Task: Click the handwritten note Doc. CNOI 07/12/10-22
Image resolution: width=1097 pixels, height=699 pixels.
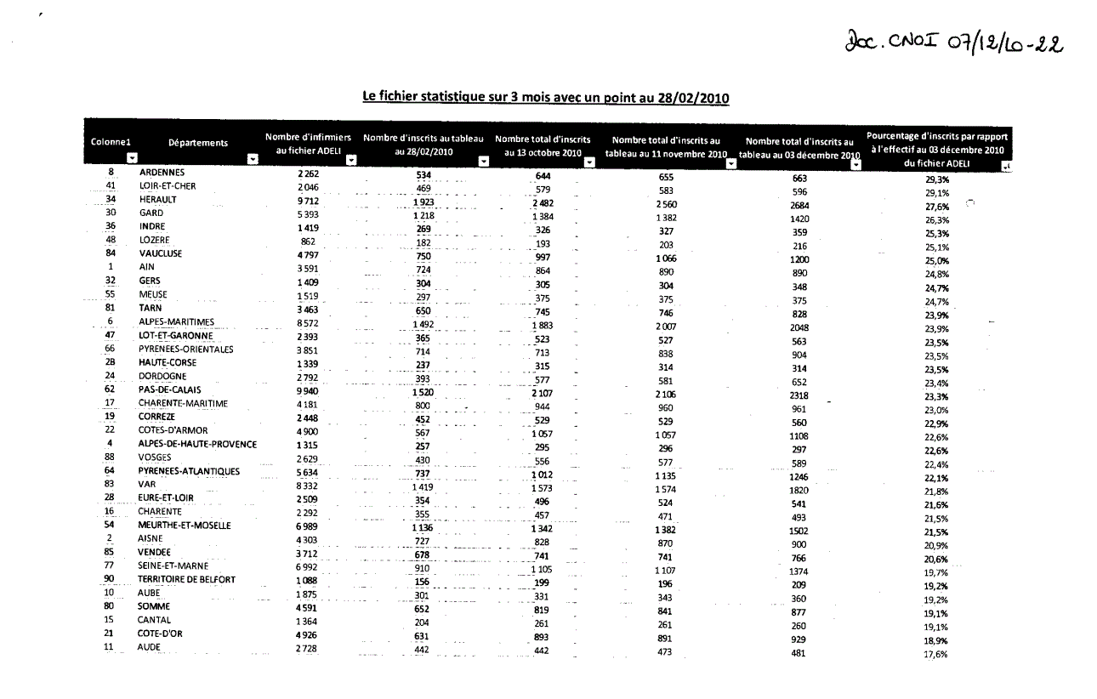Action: point(955,40)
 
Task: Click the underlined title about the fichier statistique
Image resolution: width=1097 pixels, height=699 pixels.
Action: point(545,97)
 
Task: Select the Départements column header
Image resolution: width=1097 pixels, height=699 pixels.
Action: point(197,143)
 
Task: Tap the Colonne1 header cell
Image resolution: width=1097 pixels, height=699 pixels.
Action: point(111,142)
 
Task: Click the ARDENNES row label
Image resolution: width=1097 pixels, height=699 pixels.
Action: point(162,172)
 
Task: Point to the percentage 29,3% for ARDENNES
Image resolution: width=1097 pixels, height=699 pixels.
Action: point(937,179)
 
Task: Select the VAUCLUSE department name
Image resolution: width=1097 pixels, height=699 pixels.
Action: point(161,253)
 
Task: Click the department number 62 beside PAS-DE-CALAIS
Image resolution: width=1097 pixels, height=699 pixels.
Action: point(110,389)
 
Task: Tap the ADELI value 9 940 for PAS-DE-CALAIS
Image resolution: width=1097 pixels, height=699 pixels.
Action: point(308,389)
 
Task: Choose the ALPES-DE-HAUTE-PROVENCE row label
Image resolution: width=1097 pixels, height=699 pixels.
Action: point(197,444)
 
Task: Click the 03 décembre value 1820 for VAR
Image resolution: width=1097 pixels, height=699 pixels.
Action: point(799,491)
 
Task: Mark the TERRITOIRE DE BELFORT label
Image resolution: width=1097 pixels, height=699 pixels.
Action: point(187,580)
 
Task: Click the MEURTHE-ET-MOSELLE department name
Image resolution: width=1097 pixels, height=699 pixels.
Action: point(185,526)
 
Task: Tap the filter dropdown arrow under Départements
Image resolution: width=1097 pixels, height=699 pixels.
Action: point(252,159)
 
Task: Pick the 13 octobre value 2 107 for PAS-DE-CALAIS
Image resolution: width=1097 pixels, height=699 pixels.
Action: point(542,393)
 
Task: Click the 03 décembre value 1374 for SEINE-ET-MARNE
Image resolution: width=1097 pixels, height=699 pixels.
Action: point(799,572)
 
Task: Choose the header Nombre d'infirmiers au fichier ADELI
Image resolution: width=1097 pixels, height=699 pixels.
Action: point(308,143)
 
